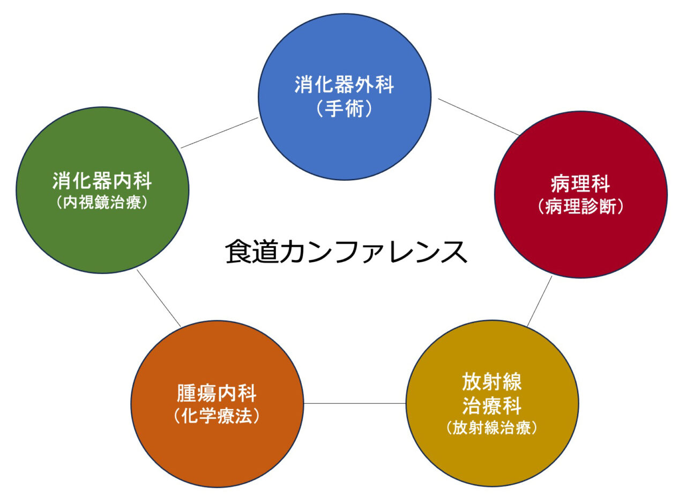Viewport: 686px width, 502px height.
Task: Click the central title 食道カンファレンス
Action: point(346,252)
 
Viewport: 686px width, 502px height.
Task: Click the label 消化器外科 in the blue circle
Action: point(344,85)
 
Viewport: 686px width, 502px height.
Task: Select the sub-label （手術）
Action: point(344,109)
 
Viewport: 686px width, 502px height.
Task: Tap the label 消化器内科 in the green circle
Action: point(102,181)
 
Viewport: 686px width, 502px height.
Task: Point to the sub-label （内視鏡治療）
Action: point(102,203)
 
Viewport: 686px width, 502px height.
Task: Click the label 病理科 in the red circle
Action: point(580,184)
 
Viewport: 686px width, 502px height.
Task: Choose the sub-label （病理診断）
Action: point(580,206)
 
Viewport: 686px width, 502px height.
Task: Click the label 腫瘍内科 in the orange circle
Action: point(217,394)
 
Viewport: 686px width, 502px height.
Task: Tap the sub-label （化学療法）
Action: point(217,416)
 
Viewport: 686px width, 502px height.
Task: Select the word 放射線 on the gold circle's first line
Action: point(491,382)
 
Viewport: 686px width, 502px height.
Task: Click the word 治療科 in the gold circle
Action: point(491,406)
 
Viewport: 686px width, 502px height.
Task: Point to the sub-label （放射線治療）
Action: point(491,428)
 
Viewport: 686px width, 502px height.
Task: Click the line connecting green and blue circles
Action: point(220,132)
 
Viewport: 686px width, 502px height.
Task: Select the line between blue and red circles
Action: point(479,117)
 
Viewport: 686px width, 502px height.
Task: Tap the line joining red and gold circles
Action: point(539,301)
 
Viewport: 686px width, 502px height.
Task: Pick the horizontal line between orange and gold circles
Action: point(355,403)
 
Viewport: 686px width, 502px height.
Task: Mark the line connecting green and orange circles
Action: point(159,298)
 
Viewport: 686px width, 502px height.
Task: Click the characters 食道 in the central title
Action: point(252,252)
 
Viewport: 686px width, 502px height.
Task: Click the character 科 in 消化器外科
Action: point(385,85)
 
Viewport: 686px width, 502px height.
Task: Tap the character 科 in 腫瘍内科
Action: point(247,394)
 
